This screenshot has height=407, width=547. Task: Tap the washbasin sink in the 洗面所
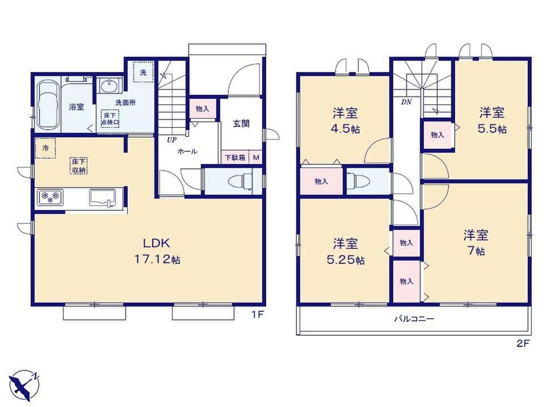coord(109,85)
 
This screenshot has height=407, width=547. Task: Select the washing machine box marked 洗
coord(143,72)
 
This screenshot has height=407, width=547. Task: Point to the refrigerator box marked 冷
coord(45,148)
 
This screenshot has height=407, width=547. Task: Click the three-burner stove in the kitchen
coord(50,198)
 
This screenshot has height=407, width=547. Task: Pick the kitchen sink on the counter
coord(103,198)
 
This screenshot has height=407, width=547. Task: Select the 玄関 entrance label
coord(241,124)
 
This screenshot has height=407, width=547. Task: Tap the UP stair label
coord(172,140)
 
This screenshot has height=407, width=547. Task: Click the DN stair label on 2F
coord(406,102)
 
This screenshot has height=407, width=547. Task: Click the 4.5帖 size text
coord(345,129)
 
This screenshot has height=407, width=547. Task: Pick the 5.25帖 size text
coord(346,260)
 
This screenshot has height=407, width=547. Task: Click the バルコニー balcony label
coord(414,318)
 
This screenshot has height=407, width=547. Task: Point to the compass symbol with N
coord(24,385)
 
